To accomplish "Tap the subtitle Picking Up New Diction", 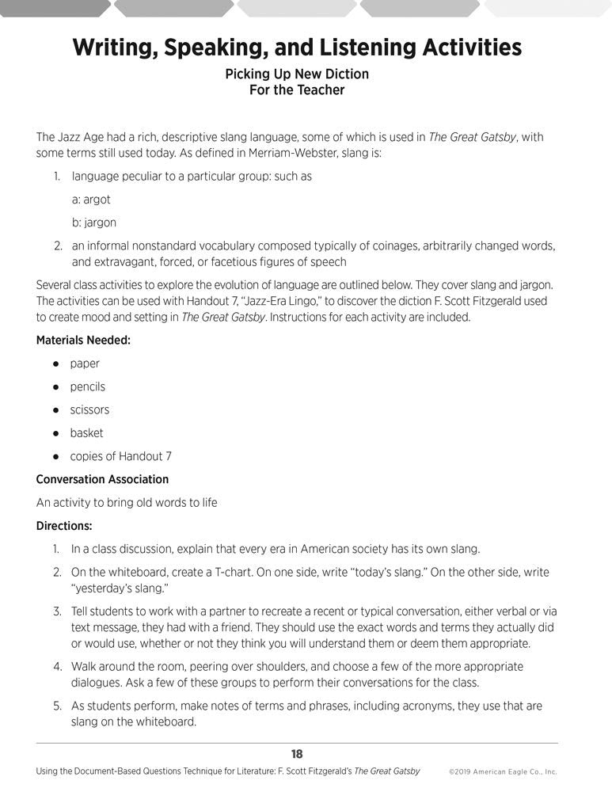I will click(296, 74).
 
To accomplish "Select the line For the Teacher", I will click(296, 90).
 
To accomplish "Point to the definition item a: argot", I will click(91, 200).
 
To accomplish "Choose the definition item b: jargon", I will click(93, 223).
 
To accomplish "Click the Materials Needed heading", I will click(83, 341).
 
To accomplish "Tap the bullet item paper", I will click(85, 364).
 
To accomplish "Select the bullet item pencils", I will click(87, 386).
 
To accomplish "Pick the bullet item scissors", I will click(89, 409).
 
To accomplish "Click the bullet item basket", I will click(86, 432).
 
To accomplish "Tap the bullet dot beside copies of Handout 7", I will click(56, 456).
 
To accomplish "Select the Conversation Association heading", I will click(102, 479).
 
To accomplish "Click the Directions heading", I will click(64, 525).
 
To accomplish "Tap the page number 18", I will click(297, 754).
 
